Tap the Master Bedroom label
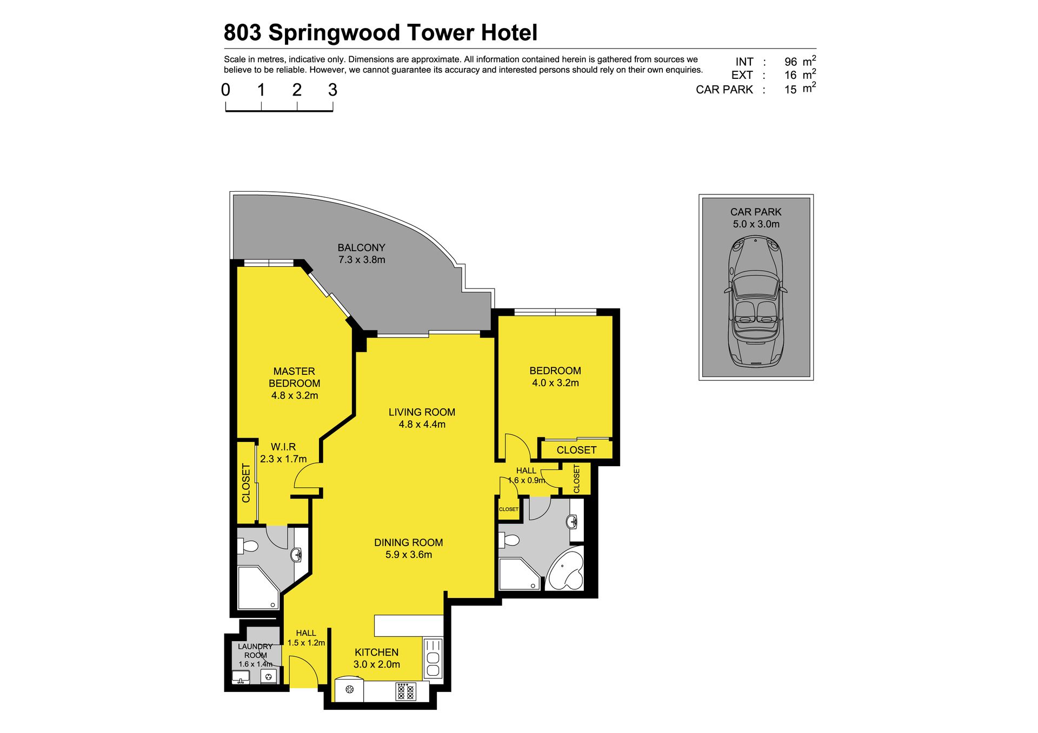[x=295, y=383]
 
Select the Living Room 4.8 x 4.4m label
[x=422, y=418]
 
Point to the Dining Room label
[x=408, y=548]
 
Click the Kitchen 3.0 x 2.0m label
[x=377, y=658]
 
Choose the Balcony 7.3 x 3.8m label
[x=362, y=253]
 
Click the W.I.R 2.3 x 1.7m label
[x=283, y=453]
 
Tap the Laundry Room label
[x=255, y=655]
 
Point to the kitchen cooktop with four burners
[x=407, y=691]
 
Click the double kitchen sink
[x=433, y=658]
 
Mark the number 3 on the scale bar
[x=332, y=90]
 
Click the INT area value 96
[x=790, y=62]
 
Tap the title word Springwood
[x=335, y=33]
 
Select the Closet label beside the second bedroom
[x=577, y=450]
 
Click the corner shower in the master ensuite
[x=258, y=588]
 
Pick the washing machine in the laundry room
[x=269, y=676]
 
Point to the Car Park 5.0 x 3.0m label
[x=756, y=218]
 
